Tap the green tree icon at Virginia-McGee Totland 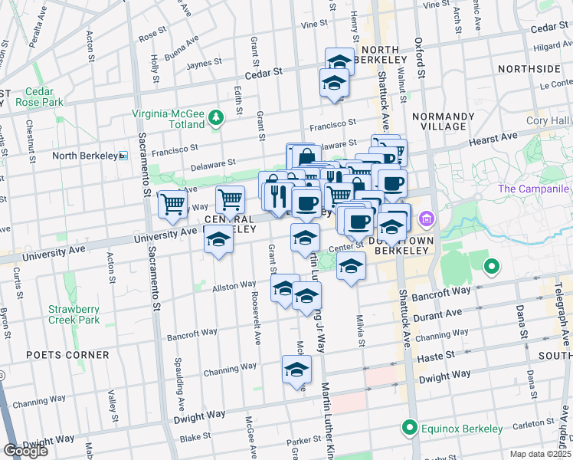point(217,117)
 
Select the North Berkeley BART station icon point(123,156)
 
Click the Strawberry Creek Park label point(74,314)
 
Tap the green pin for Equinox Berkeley point(410,428)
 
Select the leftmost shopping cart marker point(172,203)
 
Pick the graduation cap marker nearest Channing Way point(296,370)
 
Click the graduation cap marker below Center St point(351,267)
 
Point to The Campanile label point(535,189)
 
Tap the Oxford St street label point(421,58)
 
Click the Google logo point(25,450)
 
